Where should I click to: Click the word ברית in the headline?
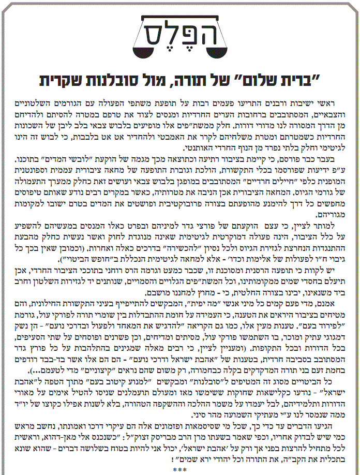pyautogui.click(x=295, y=80)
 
